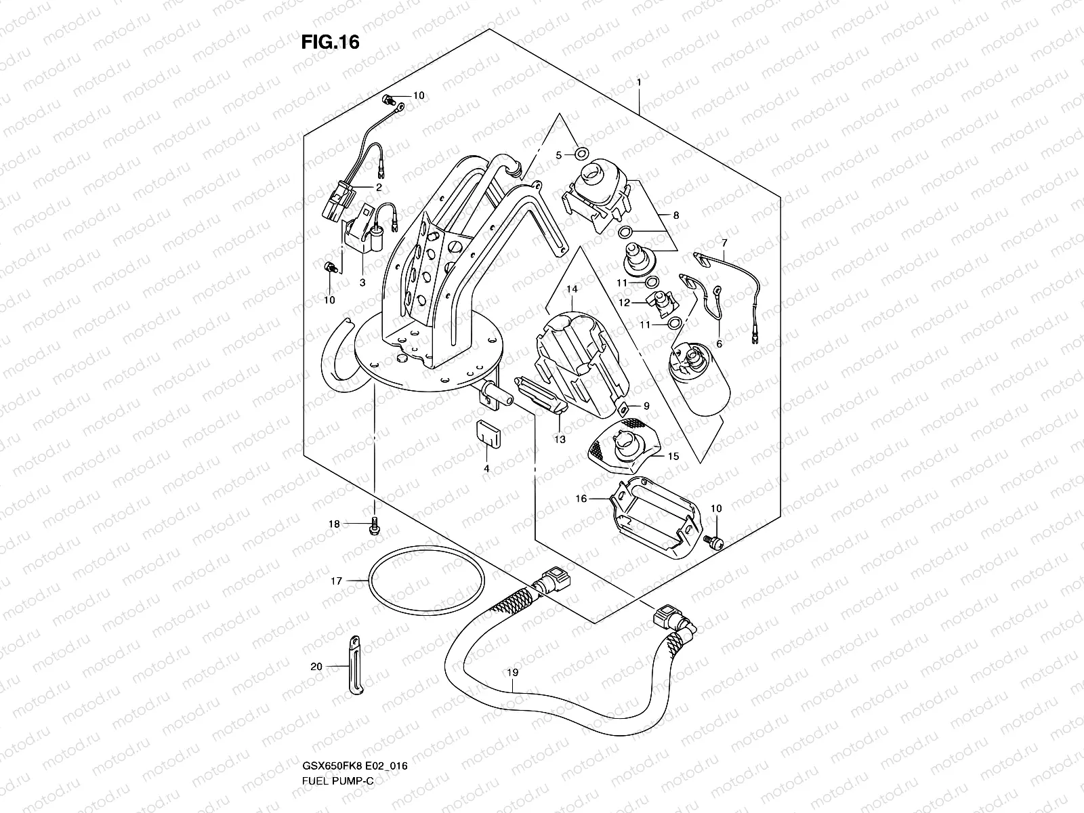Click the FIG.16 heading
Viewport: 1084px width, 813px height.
point(330,42)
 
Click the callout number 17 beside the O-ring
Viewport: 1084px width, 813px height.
point(335,581)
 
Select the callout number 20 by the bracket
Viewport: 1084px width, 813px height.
point(316,667)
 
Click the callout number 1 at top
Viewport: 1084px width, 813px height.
point(638,82)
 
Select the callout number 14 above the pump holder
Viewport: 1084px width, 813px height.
point(572,289)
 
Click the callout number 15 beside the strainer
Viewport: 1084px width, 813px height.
point(673,457)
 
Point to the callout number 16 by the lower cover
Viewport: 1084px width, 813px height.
point(581,499)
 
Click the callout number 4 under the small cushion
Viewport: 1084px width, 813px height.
point(486,468)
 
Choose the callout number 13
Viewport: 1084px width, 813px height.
point(560,438)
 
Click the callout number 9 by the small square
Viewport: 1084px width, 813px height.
point(646,406)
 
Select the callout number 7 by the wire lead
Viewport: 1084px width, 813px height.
point(724,242)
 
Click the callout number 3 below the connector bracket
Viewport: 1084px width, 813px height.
point(362,283)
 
